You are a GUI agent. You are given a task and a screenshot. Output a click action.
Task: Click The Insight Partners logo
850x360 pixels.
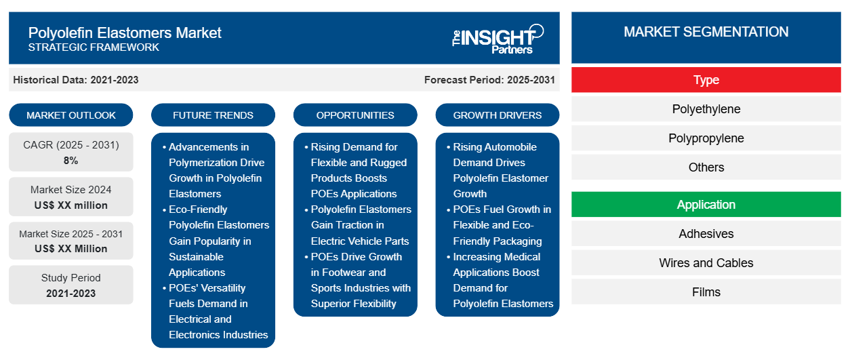[x=498, y=39]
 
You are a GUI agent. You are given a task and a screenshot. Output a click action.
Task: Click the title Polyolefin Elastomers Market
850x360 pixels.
[x=125, y=33]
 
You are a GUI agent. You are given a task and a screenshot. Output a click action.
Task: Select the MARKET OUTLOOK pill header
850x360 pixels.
[x=71, y=115]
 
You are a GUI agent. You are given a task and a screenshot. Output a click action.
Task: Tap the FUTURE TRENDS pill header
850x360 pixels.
[x=213, y=115]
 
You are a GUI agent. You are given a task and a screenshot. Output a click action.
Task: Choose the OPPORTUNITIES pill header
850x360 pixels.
[x=355, y=115]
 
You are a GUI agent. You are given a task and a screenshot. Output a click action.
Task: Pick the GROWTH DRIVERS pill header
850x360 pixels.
[x=497, y=115]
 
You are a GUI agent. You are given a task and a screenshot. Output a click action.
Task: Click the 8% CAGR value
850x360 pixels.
[x=71, y=161]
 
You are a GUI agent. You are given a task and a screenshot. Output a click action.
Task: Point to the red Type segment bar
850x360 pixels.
[x=706, y=80]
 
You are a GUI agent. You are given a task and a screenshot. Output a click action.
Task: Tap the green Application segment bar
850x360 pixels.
[x=706, y=205]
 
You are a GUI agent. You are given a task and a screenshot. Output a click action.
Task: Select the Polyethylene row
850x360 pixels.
[x=706, y=109]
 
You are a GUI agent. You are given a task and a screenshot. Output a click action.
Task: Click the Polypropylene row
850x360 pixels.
[x=706, y=138]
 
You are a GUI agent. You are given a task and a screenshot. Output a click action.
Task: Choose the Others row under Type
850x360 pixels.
[x=706, y=167]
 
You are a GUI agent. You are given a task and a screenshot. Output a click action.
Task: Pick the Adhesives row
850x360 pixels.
[x=706, y=234]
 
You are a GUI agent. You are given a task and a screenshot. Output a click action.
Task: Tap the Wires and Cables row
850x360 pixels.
[x=706, y=263]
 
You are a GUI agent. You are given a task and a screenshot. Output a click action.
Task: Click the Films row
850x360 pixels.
[x=706, y=292]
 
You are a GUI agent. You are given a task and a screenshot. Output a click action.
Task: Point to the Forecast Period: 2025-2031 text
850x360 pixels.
[x=489, y=80]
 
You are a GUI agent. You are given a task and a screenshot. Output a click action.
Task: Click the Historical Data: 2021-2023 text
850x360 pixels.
[x=76, y=80]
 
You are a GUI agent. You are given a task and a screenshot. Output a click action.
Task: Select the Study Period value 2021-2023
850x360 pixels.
[x=71, y=294]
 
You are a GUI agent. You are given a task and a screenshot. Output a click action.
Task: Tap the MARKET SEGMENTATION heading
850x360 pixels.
[x=706, y=32]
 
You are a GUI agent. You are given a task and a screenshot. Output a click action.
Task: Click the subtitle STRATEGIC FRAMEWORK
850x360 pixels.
[x=94, y=47]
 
